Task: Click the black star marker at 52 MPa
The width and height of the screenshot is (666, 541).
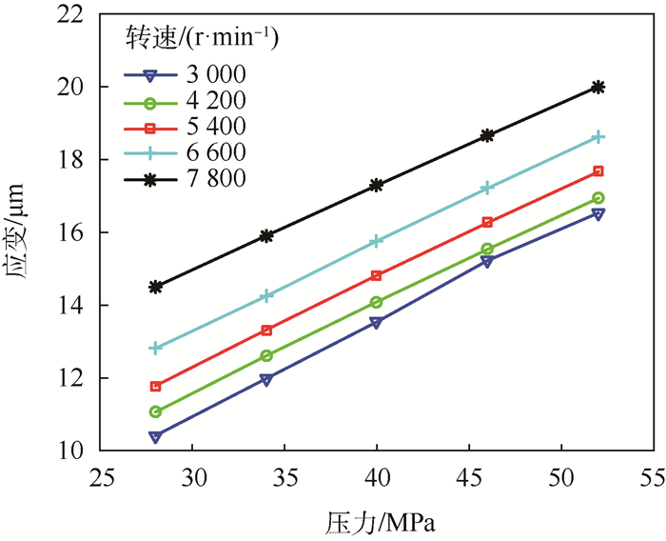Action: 597,87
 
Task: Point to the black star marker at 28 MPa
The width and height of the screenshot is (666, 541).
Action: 156,287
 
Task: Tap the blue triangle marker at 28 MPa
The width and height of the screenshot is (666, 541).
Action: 156,437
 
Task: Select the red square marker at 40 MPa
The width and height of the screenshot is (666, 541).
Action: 377,276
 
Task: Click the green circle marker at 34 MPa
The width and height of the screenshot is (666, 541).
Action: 266,356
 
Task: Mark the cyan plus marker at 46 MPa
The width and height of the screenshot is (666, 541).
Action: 487,189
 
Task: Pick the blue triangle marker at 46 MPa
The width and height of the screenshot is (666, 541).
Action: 487,261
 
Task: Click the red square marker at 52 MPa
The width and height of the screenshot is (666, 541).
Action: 597,171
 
